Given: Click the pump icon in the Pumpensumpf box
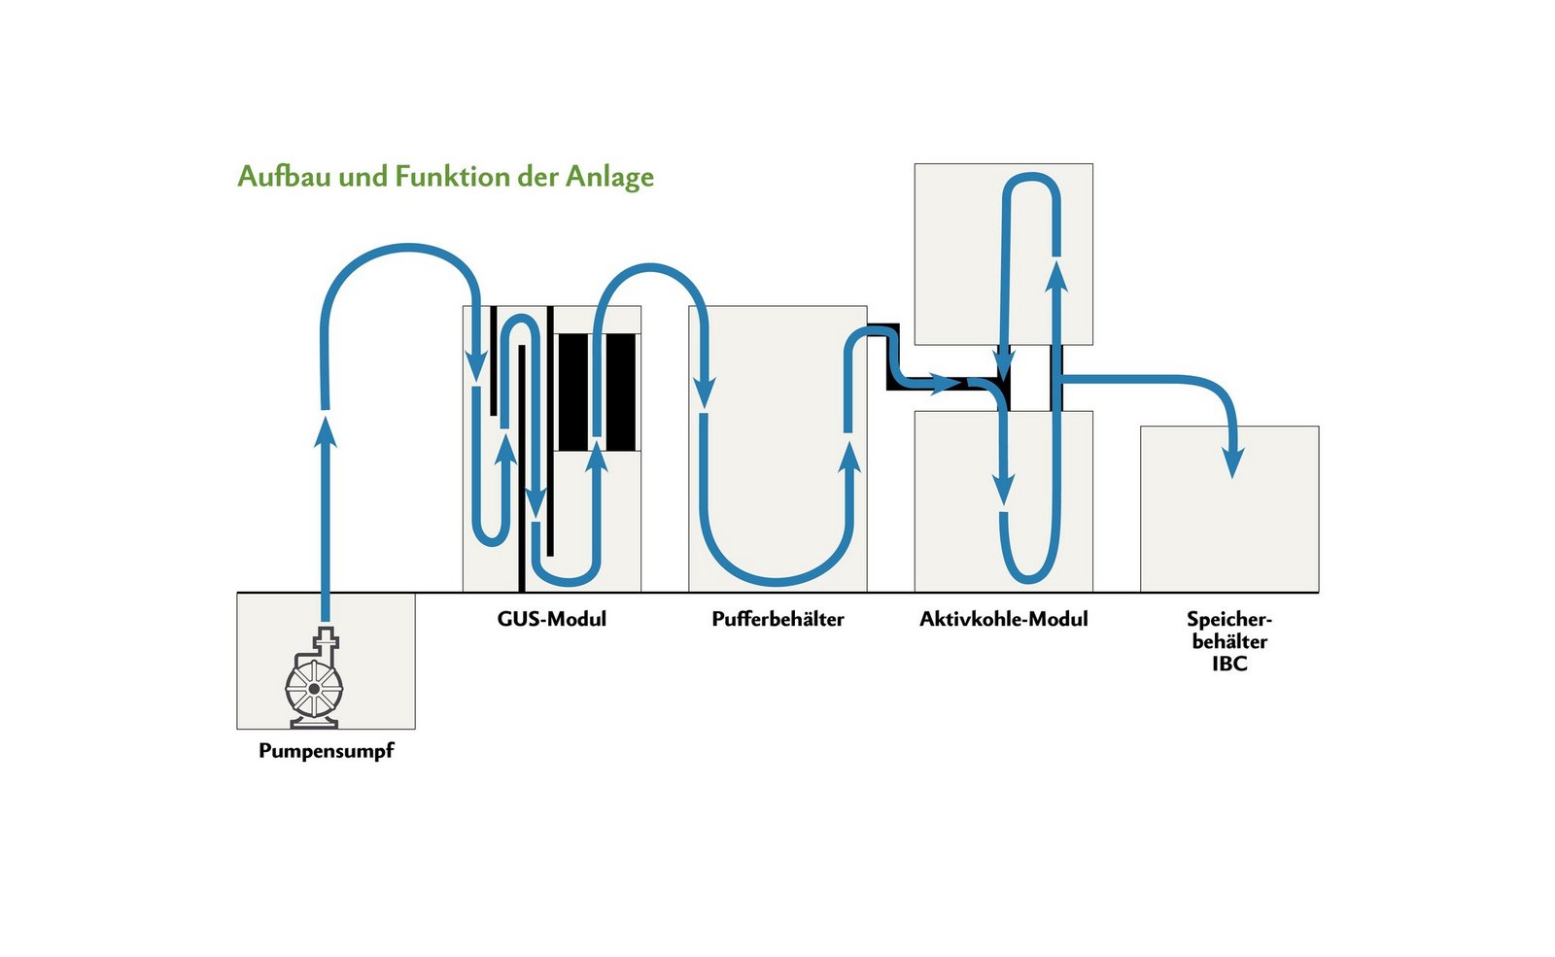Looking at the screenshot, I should tap(315, 681).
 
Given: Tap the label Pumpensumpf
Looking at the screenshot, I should tap(326, 751).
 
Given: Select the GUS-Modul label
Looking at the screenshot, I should tap(551, 619).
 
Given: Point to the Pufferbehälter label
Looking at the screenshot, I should tap(777, 619).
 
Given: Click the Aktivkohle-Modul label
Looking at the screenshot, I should tap(1003, 619).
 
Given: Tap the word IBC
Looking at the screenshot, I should tap(1229, 665).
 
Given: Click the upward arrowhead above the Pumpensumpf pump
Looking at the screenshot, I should tap(326, 428).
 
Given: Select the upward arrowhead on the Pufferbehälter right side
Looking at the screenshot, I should tap(849, 456).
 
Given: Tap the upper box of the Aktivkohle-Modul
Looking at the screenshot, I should tap(1003, 254).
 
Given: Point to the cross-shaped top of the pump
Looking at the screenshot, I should tap(327, 640).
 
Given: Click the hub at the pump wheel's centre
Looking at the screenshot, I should tap(314, 688).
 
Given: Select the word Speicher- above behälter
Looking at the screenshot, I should tap(1228, 619).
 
